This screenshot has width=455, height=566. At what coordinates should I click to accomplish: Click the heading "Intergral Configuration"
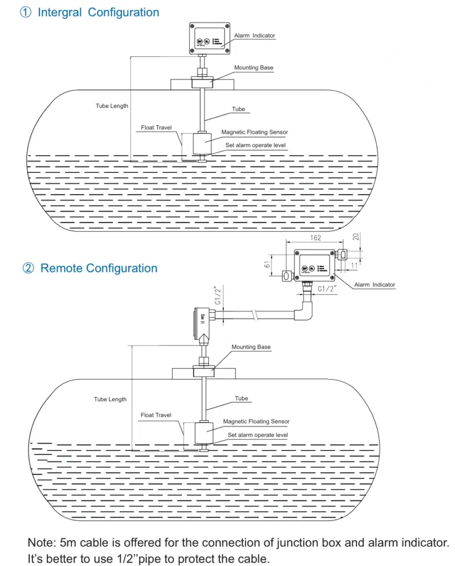(98, 13)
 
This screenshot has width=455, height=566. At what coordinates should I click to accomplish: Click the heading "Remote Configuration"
(99, 269)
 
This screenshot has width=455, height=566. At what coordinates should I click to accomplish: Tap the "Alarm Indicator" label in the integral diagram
(254, 36)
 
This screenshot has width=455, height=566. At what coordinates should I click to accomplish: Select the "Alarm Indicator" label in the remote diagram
(375, 285)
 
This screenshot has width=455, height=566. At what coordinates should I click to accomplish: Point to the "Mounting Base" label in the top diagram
(254, 68)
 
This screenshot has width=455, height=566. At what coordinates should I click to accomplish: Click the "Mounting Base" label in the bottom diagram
(251, 347)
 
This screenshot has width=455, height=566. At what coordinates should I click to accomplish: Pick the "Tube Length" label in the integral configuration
(112, 106)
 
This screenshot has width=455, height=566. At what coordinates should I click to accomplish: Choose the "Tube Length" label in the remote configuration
(110, 399)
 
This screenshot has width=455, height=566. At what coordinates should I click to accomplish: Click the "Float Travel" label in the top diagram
(156, 128)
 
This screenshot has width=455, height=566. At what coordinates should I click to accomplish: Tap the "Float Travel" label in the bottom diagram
(156, 415)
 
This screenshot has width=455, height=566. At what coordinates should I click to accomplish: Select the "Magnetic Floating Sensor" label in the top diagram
(255, 133)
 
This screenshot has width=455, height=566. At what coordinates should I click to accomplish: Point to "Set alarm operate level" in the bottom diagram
(258, 435)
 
